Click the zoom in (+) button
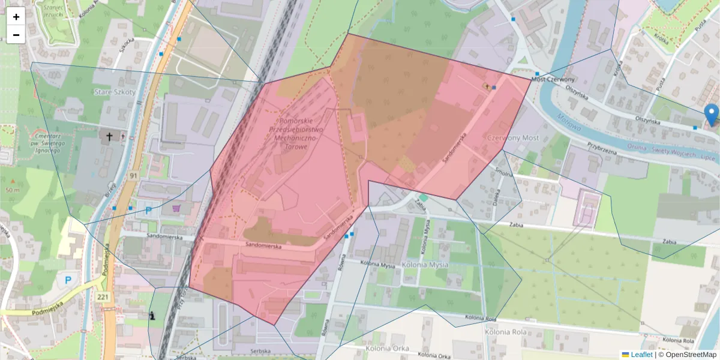tap(16, 17)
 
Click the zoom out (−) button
tap(16, 35)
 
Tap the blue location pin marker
tap(712, 115)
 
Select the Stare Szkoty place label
tap(115, 92)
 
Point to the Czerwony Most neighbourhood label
tap(513, 138)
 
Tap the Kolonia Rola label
tap(506, 331)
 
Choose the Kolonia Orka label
tap(386, 347)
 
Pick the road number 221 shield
tap(102, 297)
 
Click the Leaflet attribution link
tap(641, 355)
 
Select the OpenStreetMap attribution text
tap(691, 355)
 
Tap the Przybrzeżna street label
tap(602, 148)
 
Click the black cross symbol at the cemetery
tap(109, 137)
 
